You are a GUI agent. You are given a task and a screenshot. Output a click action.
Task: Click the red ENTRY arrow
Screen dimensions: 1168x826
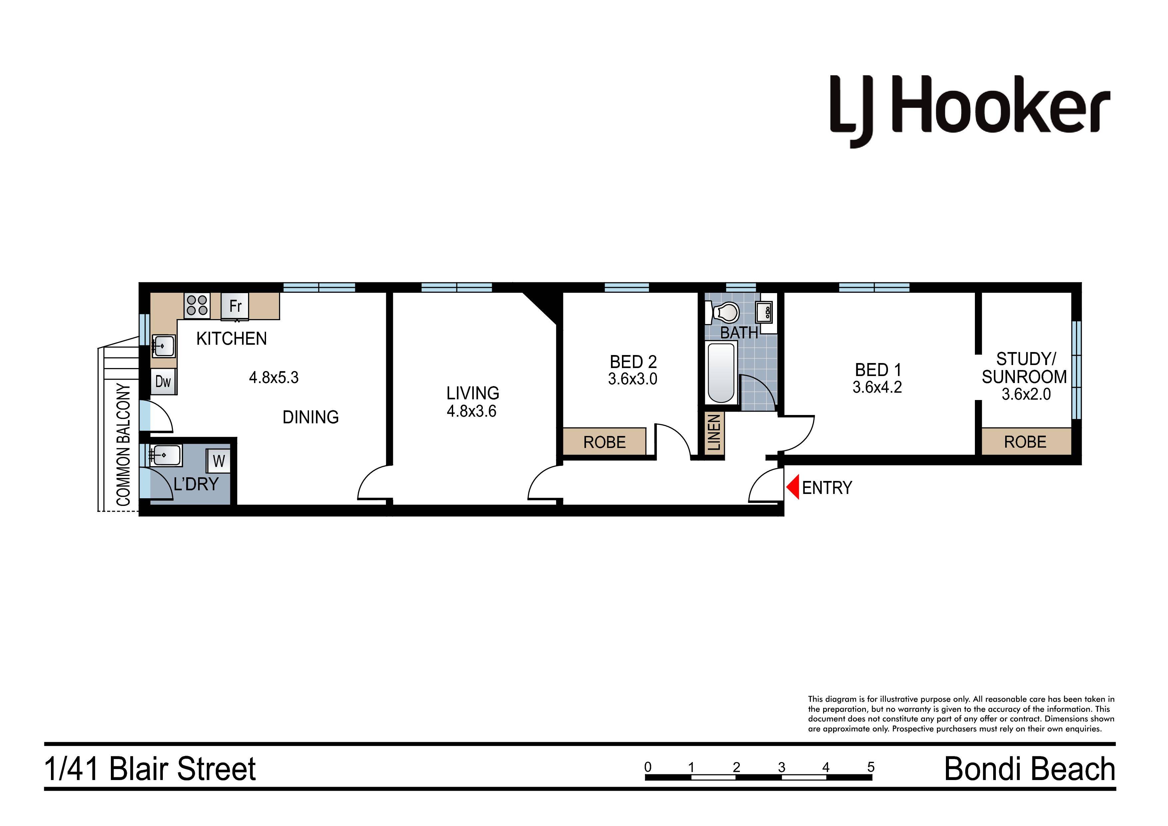click(x=792, y=487)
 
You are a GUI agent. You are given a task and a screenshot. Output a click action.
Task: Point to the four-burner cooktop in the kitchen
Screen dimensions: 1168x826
click(x=197, y=305)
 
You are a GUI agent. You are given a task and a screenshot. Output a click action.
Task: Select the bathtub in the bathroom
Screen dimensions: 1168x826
click(x=722, y=373)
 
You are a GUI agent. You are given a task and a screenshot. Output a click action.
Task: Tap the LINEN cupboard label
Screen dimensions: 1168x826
click(x=714, y=433)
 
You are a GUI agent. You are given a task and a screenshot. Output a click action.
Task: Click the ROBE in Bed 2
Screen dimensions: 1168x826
click(x=604, y=442)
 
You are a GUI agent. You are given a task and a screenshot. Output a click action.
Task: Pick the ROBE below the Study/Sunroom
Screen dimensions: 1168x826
click(x=1025, y=442)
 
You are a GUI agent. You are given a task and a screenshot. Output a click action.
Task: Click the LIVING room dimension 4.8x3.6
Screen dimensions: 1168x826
click(x=471, y=411)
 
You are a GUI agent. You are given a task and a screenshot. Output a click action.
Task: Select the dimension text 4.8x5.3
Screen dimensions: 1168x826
click(x=274, y=378)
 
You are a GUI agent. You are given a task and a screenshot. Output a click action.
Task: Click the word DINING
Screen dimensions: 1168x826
click(x=311, y=417)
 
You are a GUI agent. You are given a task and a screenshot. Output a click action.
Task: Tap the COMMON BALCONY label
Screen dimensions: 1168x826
click(x=124, y=444)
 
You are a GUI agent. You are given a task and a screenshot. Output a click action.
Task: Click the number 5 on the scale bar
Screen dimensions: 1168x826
click(x=871, y=767)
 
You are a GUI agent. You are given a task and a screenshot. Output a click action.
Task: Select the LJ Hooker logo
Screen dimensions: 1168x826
click(x=970, y=111)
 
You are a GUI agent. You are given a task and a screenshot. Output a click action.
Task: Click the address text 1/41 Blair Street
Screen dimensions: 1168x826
click(x=150, y=769)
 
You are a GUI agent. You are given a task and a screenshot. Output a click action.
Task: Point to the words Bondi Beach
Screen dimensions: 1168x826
click(x=1029, y=769)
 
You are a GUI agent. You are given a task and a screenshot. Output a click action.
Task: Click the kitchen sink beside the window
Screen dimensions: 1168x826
click(x=164, y=346)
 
